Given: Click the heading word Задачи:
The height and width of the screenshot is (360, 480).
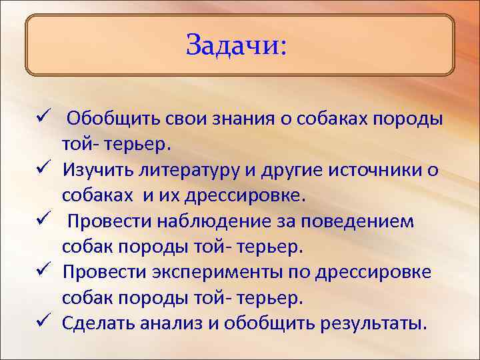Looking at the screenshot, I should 236,45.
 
